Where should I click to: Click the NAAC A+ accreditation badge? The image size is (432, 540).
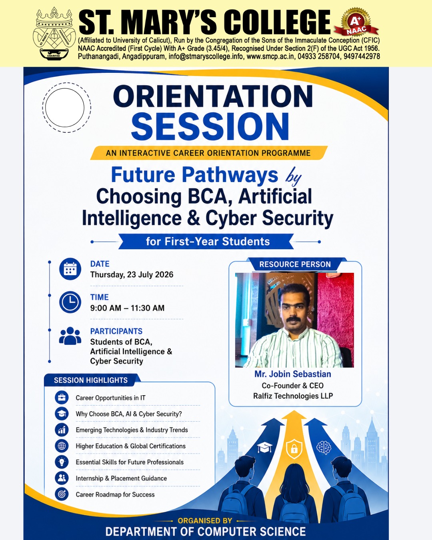pos(356,22)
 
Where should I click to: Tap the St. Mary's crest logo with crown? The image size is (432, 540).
pos(54,33)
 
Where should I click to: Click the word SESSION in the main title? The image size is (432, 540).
pos(210,126)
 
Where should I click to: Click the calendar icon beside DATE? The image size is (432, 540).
pos(70,269)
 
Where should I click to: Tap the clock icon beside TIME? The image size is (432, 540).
pos(70,302)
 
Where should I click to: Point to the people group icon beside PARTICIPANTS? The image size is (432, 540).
pos(70,336)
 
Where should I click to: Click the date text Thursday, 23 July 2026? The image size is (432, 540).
pos(132,274)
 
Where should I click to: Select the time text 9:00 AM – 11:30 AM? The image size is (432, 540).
pos(127,308)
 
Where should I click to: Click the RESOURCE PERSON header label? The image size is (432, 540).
pos(295,264)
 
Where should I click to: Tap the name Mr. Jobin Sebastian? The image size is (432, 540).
pos(293,374)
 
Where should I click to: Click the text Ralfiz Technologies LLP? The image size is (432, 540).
pos(293,396)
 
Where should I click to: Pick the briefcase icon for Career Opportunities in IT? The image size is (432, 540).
pos(62,398)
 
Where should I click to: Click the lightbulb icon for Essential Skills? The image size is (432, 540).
pos(62,462)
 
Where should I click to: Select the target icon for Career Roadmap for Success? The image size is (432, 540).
pos(62,494)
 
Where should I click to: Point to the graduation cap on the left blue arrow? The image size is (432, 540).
pos(264,448)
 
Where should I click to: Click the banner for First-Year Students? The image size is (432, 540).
pos(206,241)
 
